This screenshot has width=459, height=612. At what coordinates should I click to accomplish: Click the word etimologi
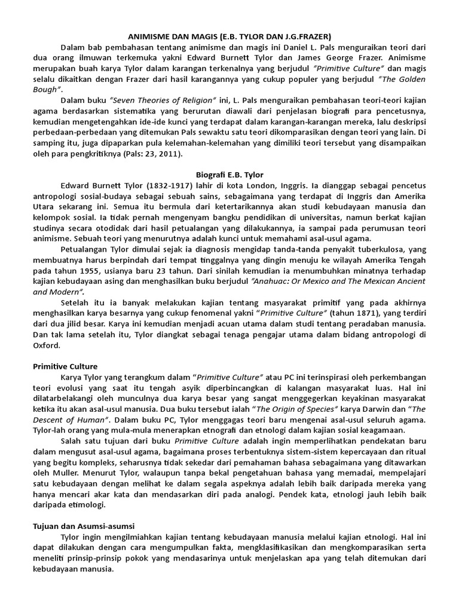pyautogui.click(x=87, y=504)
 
